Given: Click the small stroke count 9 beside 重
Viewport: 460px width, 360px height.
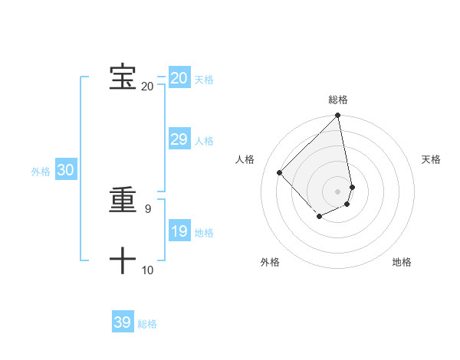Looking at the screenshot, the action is [147, 208].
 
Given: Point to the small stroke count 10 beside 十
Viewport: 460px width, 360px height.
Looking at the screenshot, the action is [147, 270].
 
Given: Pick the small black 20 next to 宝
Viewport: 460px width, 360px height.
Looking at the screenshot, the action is [147, 86].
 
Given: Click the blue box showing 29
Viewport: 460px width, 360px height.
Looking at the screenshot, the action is [179, 139].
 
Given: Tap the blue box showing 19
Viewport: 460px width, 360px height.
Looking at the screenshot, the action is [179, 231].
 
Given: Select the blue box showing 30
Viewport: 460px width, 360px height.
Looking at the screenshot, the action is [65, 171].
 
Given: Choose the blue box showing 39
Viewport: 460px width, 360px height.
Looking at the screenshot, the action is [122, 322].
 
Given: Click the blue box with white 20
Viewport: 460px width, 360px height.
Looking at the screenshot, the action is [179, 78].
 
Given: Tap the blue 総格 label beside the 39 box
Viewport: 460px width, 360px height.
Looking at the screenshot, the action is [147, 324].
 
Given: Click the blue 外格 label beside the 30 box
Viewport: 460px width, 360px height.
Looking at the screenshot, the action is [41, 172].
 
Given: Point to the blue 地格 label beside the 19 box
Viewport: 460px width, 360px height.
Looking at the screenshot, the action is [205, 233].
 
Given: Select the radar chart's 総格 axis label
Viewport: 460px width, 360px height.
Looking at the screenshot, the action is [338, 100].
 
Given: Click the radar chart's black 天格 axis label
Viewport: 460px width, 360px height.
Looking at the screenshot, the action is [431, 159].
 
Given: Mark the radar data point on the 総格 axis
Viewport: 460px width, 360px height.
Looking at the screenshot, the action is [338, 116].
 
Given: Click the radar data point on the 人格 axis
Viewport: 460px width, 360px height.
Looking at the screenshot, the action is [280, 172].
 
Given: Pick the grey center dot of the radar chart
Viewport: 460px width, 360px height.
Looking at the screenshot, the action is [338, 191].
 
